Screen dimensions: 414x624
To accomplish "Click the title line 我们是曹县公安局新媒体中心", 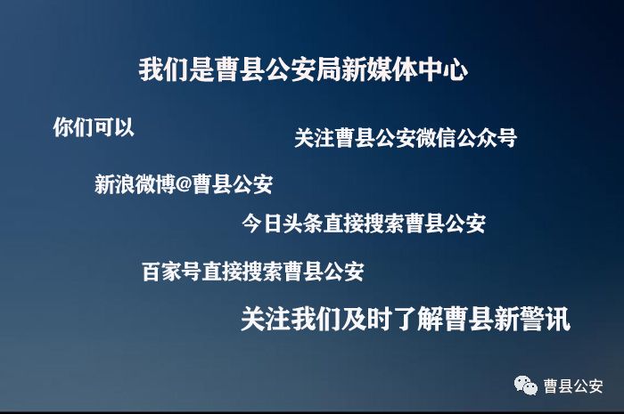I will (303, 70).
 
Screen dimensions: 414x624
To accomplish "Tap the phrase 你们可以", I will (94, 127).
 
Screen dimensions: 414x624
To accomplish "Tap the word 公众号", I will (485, 139).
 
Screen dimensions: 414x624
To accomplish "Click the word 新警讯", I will (531, 319).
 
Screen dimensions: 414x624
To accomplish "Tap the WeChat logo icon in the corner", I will (525, 386).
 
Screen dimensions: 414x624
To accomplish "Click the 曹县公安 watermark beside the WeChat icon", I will (573, 386).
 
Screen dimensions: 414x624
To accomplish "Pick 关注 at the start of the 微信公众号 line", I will (315, 139).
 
